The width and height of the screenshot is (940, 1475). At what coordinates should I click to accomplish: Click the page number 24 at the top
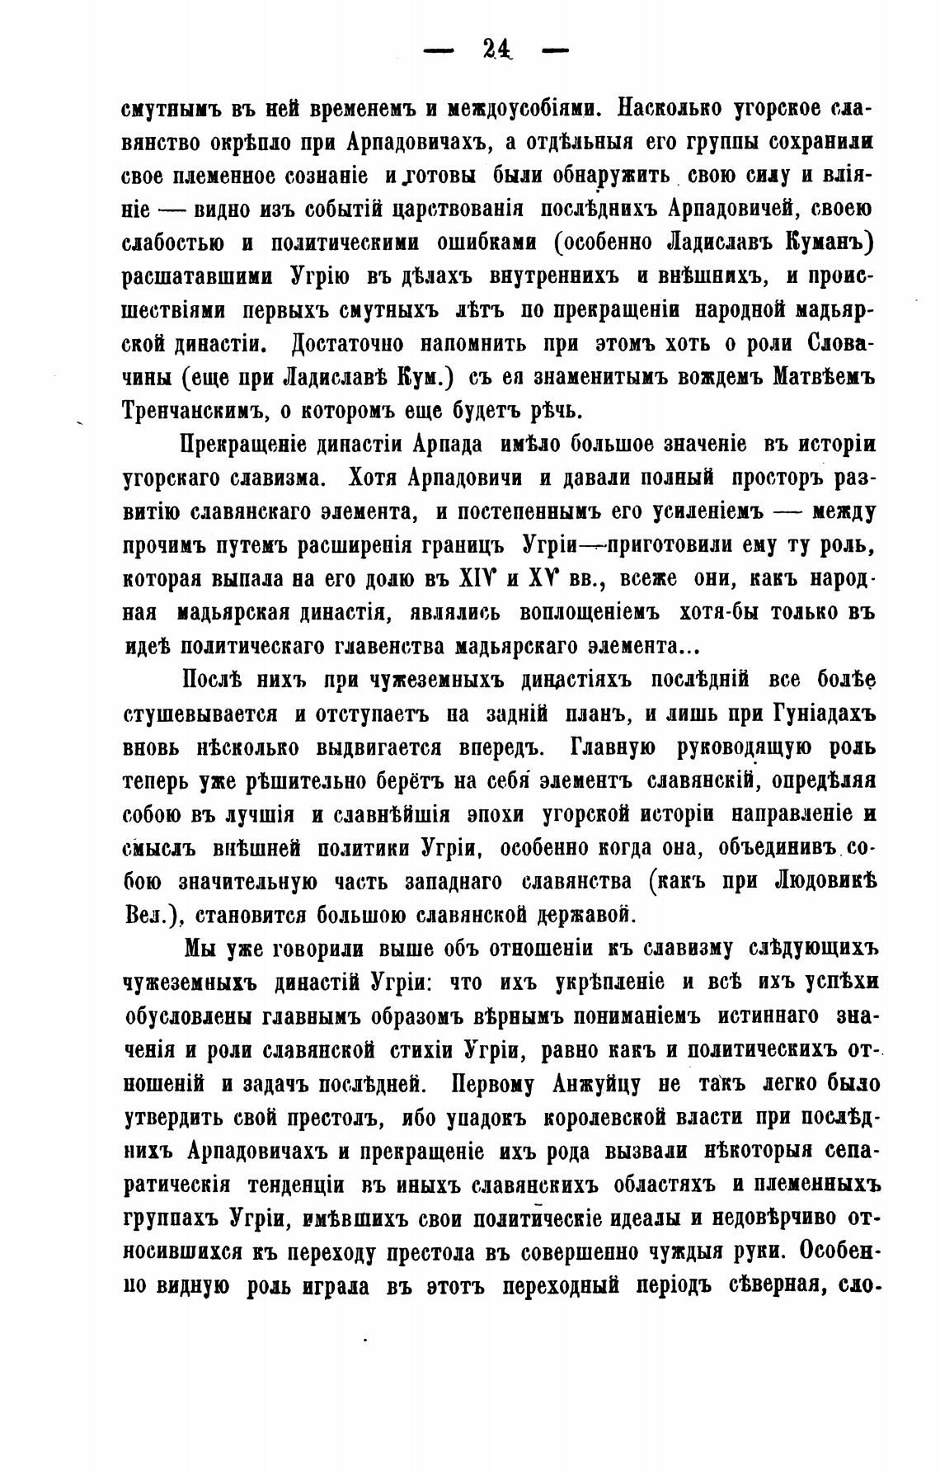[x=496, y=50]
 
